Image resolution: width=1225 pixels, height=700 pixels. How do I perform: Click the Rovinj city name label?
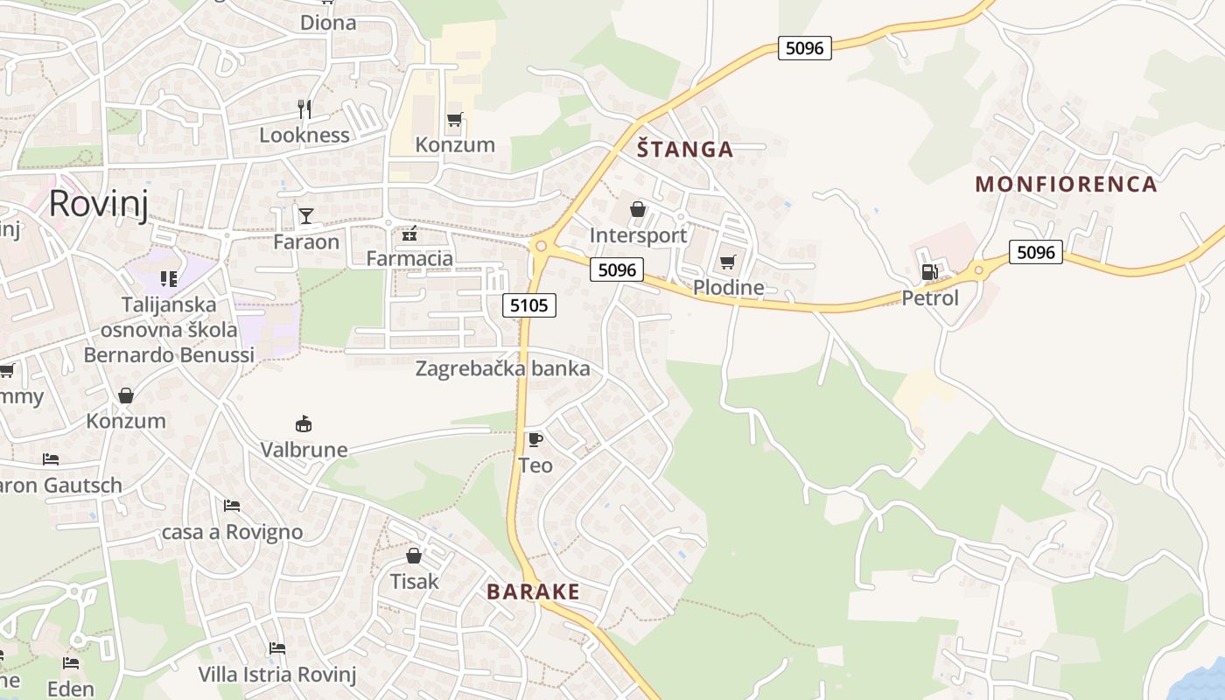(98, 203)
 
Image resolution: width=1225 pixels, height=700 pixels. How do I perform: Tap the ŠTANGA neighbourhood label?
(685, 150)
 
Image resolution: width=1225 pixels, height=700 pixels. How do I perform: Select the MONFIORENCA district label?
(1066, 185)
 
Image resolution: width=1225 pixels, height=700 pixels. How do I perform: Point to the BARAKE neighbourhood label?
(533, 592)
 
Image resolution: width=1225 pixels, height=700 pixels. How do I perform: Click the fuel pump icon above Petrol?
(929, 272)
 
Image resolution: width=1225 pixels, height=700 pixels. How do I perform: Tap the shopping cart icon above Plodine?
(727, 262)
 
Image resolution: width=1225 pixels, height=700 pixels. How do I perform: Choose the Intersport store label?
(638, 235)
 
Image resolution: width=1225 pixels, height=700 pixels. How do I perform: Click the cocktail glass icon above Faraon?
(306, 216)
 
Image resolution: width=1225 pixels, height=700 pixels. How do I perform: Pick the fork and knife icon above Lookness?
(304, 109)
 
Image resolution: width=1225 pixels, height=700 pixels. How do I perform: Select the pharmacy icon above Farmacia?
(409, 234)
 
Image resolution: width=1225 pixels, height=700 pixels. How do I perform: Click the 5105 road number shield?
(529, 305)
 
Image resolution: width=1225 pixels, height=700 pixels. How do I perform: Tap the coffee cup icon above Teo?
(535, 439)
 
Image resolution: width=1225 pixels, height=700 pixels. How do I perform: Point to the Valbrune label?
(304, 450)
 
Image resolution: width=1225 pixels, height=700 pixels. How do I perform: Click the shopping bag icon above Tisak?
(414, 556)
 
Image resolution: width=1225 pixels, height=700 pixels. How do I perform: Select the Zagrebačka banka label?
(502, 368)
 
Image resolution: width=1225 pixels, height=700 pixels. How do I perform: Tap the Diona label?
(328, 23)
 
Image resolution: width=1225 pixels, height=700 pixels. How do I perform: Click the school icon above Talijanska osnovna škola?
(169, 279)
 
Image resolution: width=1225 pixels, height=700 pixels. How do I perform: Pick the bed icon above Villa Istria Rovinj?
(277, 648)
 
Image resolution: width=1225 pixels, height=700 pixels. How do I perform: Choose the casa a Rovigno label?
(232, 532)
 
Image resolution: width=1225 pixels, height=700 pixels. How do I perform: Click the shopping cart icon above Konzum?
(454, 120)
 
